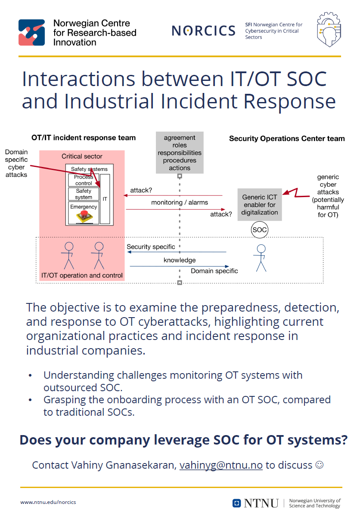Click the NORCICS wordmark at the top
click(x=203, y=31)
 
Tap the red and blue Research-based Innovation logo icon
click(x=31, y=32)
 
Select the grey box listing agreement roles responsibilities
click(x=180, y=153)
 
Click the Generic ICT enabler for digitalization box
click(x=260, y=204)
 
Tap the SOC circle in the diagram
click(x=260, y=230)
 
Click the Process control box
click(x=84, y=180)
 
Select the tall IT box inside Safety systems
click(x=105, y=199)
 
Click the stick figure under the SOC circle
click(x=261, y=258)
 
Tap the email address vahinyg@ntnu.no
click(x=221, y=465)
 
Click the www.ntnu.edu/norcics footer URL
click(x=48, y=502)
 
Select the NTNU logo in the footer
click(x=255, y=503)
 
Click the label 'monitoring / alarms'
click(x=180, y=202)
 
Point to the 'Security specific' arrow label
click(x=151, y=247)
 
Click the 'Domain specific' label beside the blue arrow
click(x=214, y=271)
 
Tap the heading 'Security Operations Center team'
click(x=287, y=139)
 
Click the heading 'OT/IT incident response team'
click(x=84, y=138)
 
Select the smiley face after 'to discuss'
click(x=320, y=465)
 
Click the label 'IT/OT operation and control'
click(x=82, y=275)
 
